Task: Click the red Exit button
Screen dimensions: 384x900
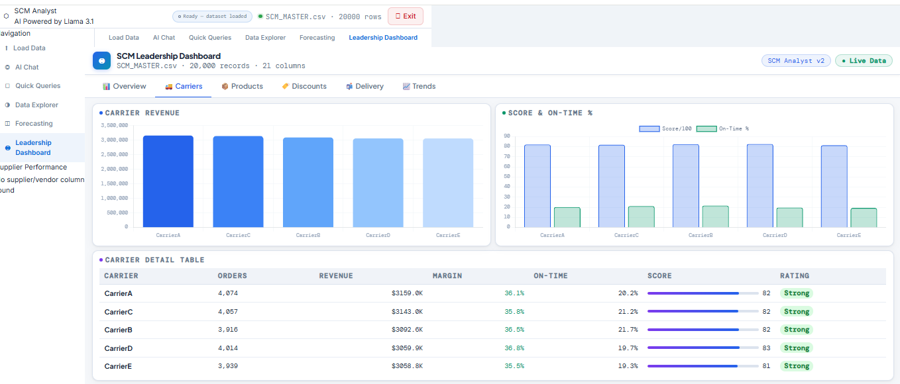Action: tap(405, 16)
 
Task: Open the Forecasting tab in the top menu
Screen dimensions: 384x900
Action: tap(317, 38)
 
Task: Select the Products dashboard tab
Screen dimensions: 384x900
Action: tap(242, 87)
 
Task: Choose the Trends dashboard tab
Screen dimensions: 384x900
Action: tap(419, 87)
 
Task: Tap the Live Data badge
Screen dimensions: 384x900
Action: tap(864, 61)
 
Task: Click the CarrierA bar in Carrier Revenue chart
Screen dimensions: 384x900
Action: tap(168, 181)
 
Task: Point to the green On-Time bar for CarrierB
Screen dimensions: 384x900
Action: tap(715, 216)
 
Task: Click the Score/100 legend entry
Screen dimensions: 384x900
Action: tap(665, 128)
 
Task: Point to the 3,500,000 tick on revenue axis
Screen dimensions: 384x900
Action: tap(113, 125)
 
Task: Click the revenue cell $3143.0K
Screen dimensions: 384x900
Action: tap(407, 312)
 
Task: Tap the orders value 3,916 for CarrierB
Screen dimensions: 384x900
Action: tap(227, 330)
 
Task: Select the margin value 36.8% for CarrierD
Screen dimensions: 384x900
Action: tap(514, 348)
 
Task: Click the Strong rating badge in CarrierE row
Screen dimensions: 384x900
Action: tap(796, 366)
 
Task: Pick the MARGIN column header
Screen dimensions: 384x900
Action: tap(447, 276)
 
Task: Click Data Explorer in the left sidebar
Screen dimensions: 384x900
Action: tap(36, 105)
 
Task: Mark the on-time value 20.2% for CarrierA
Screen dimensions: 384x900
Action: tap(627, 293)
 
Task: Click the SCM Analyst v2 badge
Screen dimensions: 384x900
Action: tap(795, 61)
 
